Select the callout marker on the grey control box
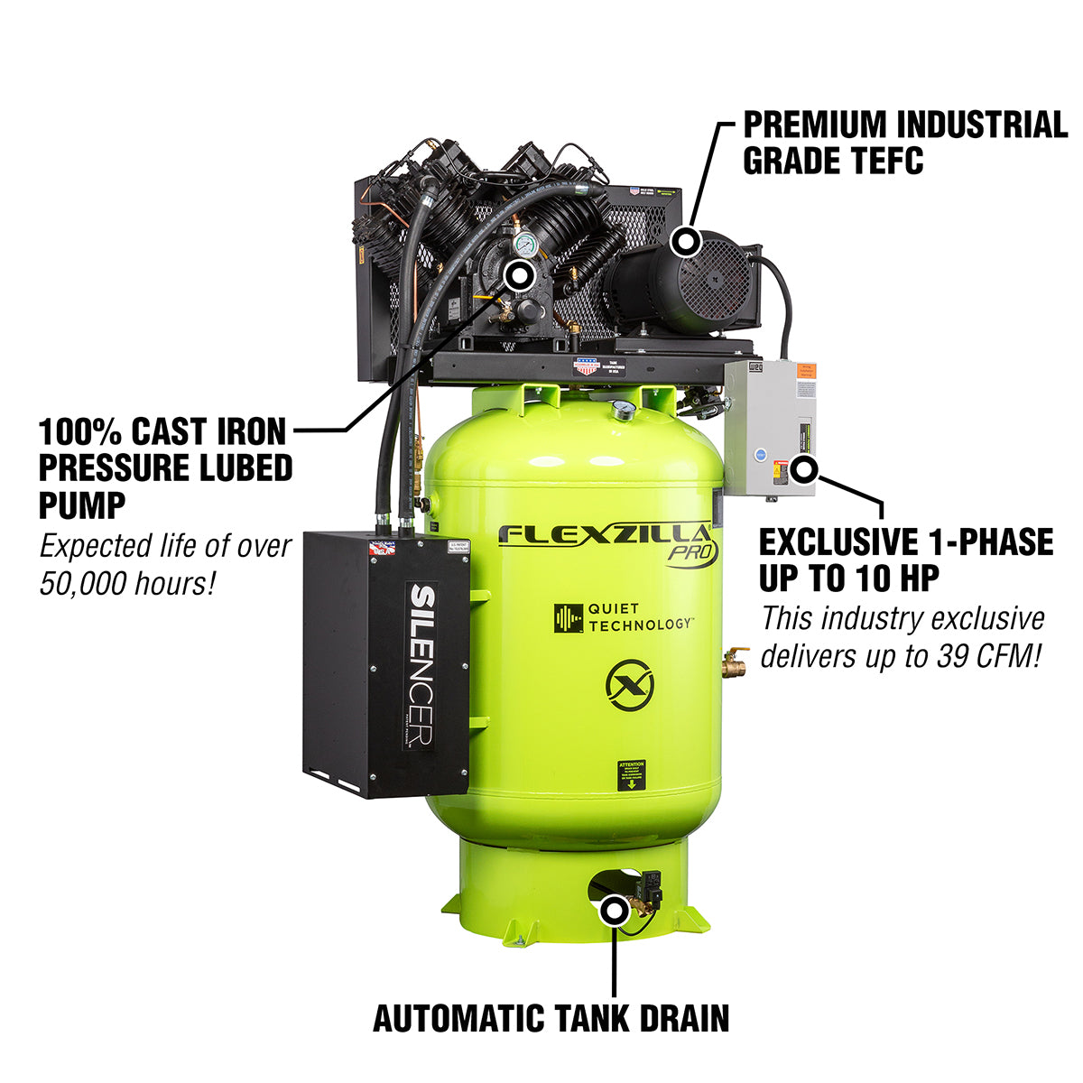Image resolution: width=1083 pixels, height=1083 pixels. point(804,469)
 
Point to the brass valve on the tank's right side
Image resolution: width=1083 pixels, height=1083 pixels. point(734,664)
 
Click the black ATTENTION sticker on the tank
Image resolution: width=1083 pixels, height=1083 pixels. point(631,775)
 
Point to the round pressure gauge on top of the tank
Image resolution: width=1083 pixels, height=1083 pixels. point(622,411)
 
